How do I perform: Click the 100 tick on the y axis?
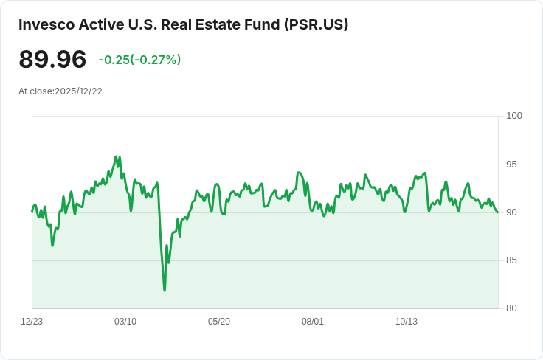(514, 116)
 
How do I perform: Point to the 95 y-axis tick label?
(511, 165)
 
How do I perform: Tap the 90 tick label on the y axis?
(511, 212)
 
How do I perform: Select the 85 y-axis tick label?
(511, 260)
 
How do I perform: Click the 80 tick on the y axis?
(511, 308)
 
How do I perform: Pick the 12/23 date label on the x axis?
(32, 322)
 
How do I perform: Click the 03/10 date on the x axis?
(125, 322)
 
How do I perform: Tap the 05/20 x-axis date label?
(219, 322)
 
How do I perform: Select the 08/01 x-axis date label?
(312, 322)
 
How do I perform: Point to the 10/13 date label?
(407, 322)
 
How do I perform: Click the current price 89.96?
(52, 59)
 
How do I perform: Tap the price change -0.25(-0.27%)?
(139, 60)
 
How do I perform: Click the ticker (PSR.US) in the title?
(317, 25)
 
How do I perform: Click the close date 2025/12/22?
(79, 91)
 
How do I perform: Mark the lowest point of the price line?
(165, 291)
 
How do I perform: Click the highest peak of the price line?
(116, 156)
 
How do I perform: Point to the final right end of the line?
(498, 212)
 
